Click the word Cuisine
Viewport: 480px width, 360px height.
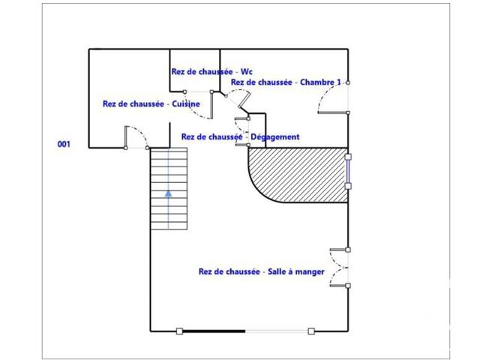tap(186, 103)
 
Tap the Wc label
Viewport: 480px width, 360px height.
tap(247, 72)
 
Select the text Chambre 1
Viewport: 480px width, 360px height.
tap(320, 82)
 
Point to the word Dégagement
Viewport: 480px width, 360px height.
tap(275, 136)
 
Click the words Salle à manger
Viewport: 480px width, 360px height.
tap(296, 271)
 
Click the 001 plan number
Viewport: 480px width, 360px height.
tap(64, 144)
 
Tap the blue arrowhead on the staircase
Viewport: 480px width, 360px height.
tap(168, 193)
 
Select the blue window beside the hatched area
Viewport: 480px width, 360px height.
tap(348, 172)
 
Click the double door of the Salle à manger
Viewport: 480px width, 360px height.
tap(340, 268)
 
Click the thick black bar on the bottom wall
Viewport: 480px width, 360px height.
tap(214, 331)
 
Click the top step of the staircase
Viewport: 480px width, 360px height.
tap(169, 152)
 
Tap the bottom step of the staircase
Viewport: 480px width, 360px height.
tap(169, 226)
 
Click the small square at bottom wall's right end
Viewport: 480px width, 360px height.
tap(311, 331)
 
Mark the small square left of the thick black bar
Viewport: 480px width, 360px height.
tap(180, 331)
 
